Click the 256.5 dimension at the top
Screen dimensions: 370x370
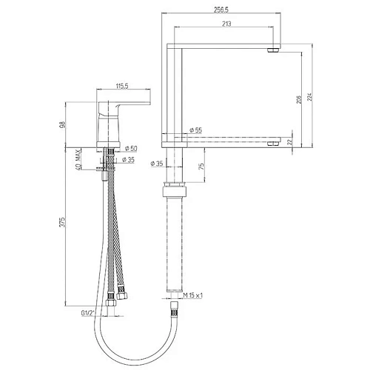[221, 10]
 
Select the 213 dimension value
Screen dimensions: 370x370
[226, 24]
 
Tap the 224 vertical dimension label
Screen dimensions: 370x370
[310, 97]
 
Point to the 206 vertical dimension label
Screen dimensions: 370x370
[299, 99]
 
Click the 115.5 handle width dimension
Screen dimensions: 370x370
[123, 86]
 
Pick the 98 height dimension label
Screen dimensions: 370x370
[64, 124]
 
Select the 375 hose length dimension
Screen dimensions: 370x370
[63, 222]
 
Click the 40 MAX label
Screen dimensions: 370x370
[78, 160]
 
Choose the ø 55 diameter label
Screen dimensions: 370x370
[195, 130]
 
